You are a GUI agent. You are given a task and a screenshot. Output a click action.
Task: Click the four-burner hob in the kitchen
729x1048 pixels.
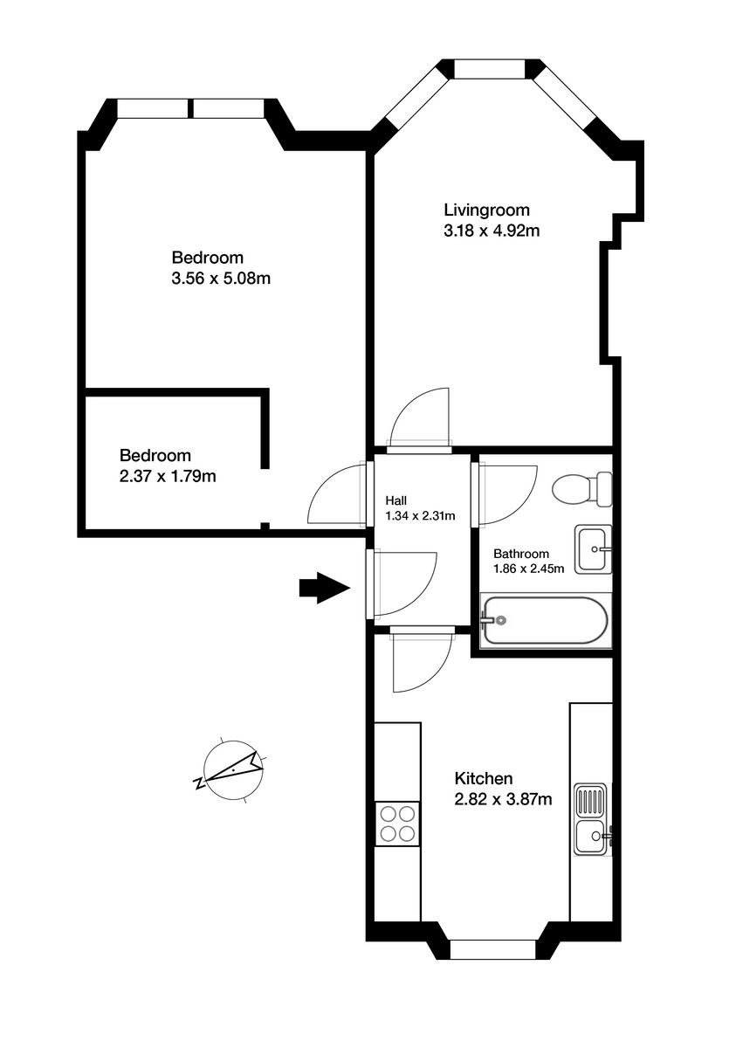pyautogui.click(x=397, y=823)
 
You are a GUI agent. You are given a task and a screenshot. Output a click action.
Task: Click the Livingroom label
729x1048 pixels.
pyautogui.click(x=486, y=210)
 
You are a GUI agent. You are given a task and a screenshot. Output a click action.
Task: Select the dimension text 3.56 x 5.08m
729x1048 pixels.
pyautogui.click(x=220, y=279)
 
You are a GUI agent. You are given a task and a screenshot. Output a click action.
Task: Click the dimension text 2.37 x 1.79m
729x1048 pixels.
pyautogui.click(x=168, y=476)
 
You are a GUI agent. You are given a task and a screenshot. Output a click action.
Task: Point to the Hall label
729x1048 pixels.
pyautogui.click(x=395, y=500)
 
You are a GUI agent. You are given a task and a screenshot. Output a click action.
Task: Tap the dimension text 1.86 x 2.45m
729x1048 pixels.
pyautogui.click(x=528, y=569)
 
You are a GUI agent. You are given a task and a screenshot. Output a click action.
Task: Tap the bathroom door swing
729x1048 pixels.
pyautogui.click(x=505, y=493)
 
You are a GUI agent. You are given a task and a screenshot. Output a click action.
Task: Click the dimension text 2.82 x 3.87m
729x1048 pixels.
pyautogui.click(x=503, y=799)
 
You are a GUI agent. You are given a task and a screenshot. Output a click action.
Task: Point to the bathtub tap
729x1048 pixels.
pyautogui.click(x=494, y=620)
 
